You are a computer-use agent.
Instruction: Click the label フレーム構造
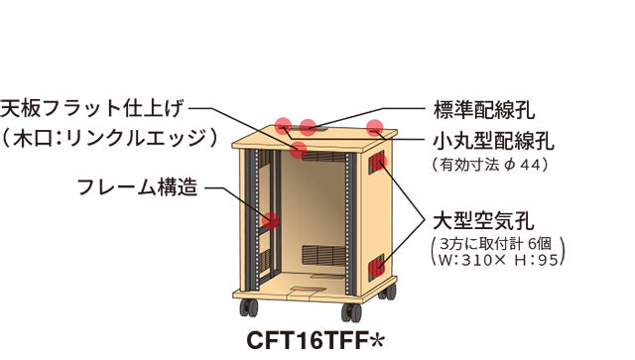tap(138, 185)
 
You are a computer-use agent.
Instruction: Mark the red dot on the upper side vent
tap(376, 163)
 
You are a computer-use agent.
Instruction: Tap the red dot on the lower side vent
tap(376, 265)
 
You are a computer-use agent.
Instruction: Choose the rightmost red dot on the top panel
tap(375, 127)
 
